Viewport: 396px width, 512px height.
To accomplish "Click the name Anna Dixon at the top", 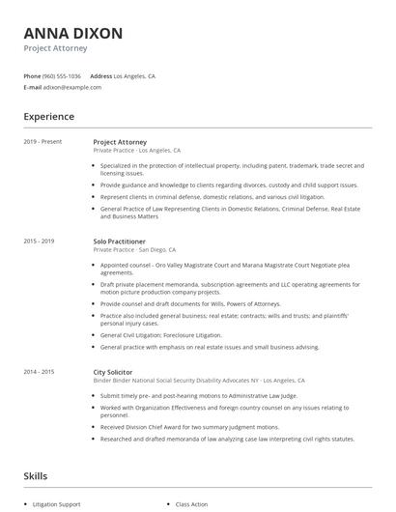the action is [73, 34].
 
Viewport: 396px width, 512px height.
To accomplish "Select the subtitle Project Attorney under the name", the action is [56, 48].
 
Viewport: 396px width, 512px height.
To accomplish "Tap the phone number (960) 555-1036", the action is [62, 75].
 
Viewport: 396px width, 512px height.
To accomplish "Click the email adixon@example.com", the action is [72, 86].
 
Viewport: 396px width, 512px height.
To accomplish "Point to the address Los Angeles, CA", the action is [134, 75].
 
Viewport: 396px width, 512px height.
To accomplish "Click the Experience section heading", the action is [48, 117].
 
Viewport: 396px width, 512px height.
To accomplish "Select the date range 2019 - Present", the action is [42, 141].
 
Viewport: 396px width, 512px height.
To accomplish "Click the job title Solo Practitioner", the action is [120, 241].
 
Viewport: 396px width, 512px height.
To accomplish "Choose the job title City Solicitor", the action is [112, 371].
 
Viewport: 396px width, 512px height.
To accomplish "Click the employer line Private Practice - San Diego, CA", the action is [134, 249].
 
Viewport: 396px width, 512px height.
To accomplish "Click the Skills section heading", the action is [35, 475].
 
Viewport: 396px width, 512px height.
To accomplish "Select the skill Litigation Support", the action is [58, 504].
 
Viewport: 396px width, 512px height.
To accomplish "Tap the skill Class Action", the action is [192, 504].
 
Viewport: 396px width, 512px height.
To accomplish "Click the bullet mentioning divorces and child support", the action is [228, 185].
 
